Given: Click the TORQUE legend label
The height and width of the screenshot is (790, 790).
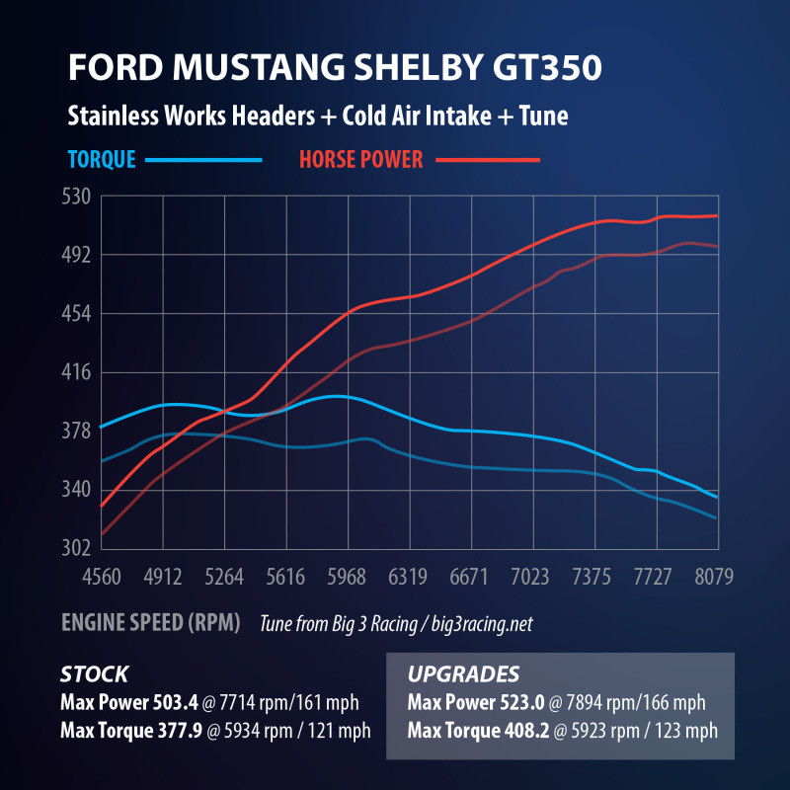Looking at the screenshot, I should [103, 159].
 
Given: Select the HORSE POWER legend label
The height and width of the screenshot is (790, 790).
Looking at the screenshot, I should [360, 159].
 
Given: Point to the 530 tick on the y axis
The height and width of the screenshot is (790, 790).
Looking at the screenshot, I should [77, 197].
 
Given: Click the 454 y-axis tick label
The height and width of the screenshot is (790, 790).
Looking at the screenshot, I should [77, 314].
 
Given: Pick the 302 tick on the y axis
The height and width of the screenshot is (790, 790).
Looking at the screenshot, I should [77, 548].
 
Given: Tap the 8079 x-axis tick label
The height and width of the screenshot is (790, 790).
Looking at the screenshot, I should [714, 577].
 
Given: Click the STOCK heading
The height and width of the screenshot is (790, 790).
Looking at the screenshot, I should [94, 675].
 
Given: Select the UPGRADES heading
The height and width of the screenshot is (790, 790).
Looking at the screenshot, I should [463, 675].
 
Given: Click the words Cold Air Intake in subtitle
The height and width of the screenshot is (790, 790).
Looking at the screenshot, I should [408, 116].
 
